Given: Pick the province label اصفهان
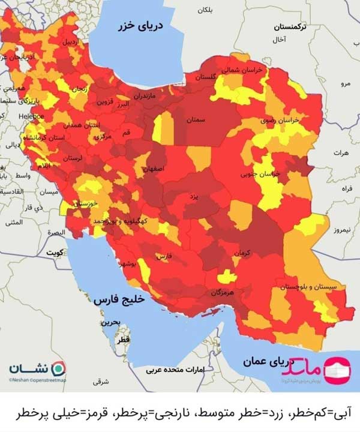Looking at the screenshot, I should point(153,169).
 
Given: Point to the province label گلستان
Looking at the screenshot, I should point(205,77).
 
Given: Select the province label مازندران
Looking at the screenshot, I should point(144,95).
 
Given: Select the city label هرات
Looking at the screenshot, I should point(343,154).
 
